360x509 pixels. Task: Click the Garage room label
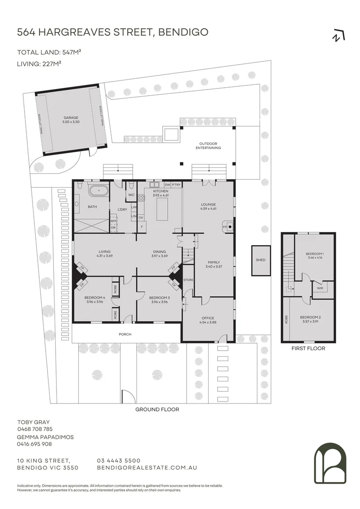coord(71,120)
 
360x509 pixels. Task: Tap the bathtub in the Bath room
coord(98,192)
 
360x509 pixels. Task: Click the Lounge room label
coord(208,206)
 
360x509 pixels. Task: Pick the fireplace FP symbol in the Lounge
coord(225,227)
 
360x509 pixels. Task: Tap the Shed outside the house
coord(261,260)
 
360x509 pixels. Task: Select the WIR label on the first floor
coord(319,288)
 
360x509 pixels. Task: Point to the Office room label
coord(208,320)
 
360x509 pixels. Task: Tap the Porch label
coord(125,334)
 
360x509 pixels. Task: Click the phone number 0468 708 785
coord(35,429)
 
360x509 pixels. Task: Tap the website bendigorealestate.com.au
coord(147,468)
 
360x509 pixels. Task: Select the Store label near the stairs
coord(188,280)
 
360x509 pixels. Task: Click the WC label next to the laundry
coord(131,194)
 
